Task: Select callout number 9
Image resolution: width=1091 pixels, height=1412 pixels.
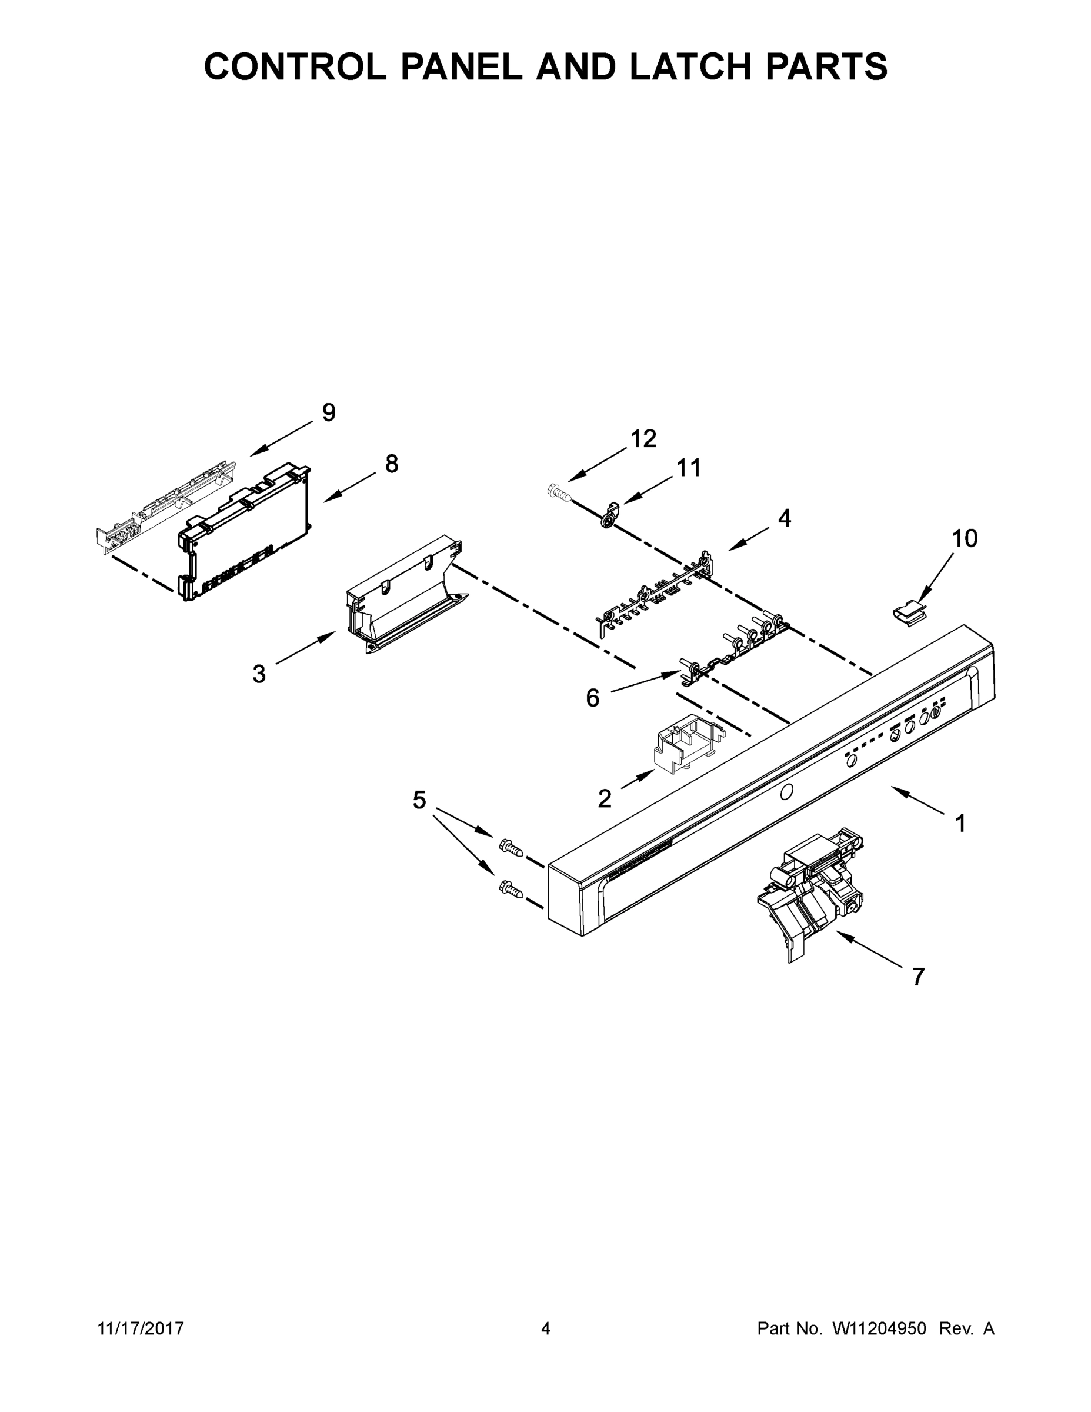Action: pos(328,412)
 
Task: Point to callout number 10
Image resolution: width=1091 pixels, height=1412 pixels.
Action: pos(965,538)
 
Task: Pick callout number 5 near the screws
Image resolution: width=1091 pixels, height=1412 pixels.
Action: pos(419,800)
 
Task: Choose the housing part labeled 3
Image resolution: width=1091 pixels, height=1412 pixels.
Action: pos(404,595)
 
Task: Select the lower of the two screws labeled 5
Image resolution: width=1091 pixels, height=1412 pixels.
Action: pos(511,889)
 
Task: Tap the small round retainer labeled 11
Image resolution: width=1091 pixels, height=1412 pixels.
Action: pos(608,517)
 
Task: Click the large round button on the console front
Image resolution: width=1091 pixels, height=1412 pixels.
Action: pos(786,792)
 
